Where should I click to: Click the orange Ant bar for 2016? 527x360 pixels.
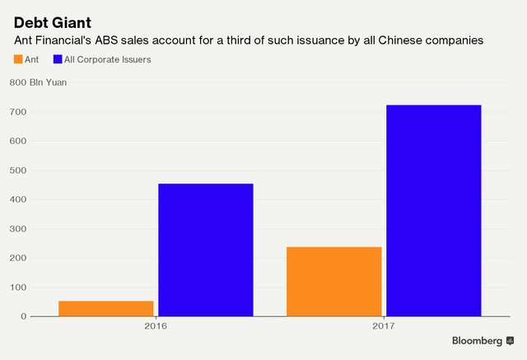[106, 308]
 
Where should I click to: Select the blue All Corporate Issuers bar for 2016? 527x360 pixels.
[205, 250]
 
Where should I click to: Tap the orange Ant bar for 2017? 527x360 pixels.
[334, 281]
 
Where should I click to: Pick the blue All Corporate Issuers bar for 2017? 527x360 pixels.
[433, 210]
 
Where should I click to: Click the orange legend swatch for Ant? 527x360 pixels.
[18, 59]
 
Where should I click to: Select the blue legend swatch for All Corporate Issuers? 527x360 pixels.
[57, 59]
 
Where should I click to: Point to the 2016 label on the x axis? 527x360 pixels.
[156, 326]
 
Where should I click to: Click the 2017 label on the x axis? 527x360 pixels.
[384, 326]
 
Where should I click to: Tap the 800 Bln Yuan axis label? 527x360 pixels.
[38, 82]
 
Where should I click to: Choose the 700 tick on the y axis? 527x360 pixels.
[18, 111]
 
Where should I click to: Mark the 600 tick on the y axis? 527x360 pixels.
[18, 141]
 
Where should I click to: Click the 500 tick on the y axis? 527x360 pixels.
[18, 171]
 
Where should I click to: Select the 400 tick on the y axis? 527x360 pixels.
[18, 199]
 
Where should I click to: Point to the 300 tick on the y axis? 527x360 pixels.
[18, 229]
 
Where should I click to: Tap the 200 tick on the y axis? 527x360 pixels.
[18, 258]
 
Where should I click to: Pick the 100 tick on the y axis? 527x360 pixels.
[18, 288]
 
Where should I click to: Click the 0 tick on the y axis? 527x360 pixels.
[24, 316]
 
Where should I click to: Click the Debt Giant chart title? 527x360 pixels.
[51, 21]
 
